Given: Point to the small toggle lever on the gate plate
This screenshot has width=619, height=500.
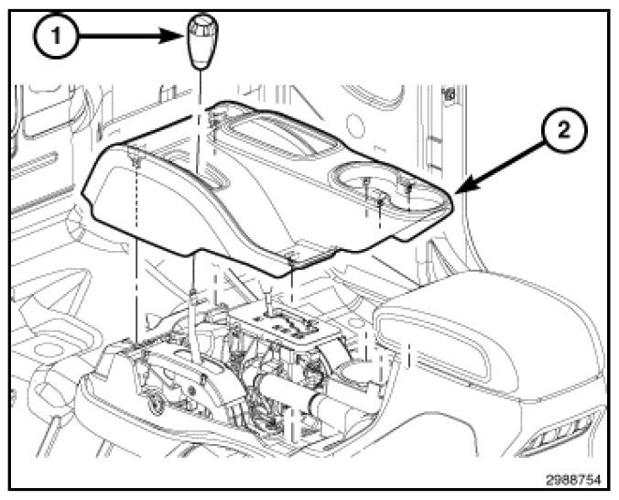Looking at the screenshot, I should [x=265, y=302].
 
